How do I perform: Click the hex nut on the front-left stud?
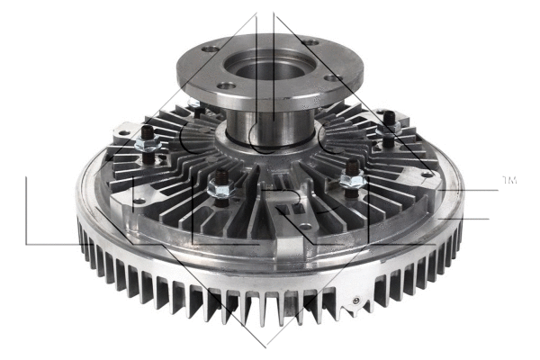[x=216, y=188]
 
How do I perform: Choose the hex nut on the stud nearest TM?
[x=389, y=132]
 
